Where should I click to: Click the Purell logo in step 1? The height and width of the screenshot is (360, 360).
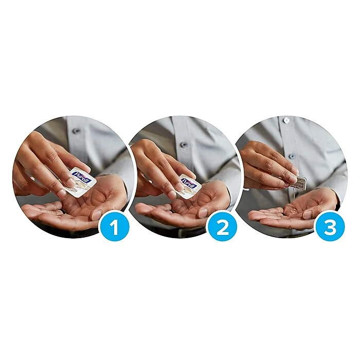(x=81, y=177)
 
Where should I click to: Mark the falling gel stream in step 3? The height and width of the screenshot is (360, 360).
(x=294, y=195)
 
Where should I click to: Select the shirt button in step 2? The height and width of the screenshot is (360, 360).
(x=184, y=145)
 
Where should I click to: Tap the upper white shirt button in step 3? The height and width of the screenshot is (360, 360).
(x=286, y=120)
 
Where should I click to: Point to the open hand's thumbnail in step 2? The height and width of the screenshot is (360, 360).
(x=203, y=212)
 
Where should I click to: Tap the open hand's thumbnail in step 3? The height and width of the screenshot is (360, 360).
(x=307, y=214)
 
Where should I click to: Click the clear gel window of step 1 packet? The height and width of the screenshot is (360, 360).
(x=77, y=190)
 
